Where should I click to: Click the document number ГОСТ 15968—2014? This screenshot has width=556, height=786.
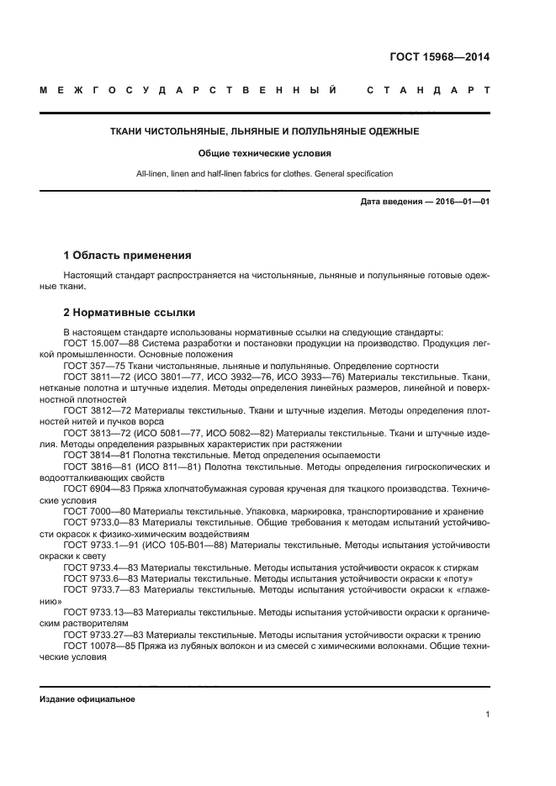click(x=440, y=58)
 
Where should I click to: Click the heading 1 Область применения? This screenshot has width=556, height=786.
click(x=127, y=255)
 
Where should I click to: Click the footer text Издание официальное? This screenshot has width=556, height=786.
click(x=87, y=699)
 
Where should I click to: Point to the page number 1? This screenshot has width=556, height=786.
click(x=487, y=715)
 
